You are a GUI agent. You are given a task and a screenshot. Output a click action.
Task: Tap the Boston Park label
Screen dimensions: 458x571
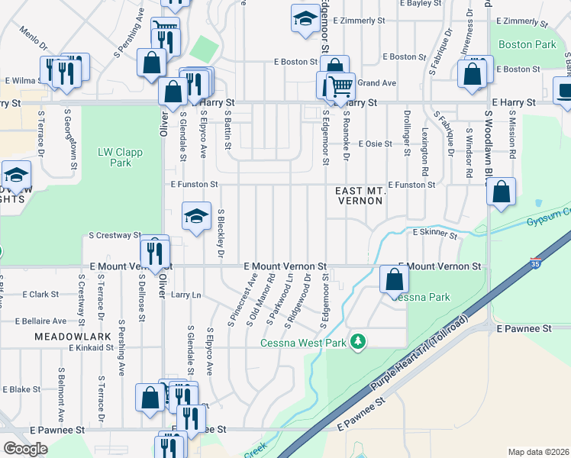527,45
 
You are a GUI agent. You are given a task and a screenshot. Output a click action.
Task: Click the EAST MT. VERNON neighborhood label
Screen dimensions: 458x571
360,195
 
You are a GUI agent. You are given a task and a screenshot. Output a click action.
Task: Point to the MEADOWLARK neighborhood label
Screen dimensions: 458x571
63,336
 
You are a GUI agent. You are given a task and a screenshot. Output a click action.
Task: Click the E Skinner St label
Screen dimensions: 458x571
434,232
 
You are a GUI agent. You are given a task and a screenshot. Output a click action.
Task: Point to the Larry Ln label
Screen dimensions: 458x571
185,294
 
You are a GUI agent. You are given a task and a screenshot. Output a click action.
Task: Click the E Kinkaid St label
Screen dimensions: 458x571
91,347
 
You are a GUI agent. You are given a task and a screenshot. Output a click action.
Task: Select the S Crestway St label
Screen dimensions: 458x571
115,236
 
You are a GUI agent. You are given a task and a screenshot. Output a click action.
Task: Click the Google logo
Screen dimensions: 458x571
25,449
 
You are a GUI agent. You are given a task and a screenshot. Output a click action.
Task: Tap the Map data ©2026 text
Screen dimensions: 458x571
538,452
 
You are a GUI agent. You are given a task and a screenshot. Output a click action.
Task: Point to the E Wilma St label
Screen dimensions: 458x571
23,79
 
